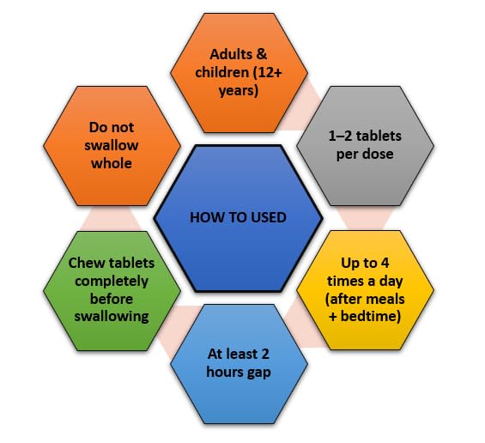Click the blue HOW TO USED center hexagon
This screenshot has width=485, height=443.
pyautogui.click(x=238, y=218)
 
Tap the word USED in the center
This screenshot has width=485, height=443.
pyautogui.click(x=269, y=217)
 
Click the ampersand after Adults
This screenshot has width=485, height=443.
pyautogui.click(x=261, y=54)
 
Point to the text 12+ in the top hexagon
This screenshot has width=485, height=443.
pyautogui.click(x=270, y=72)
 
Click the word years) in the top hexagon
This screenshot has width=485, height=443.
pyautogui.click(x=238, y=91)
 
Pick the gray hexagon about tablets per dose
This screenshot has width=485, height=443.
pyautogui.click(x=365, y=146)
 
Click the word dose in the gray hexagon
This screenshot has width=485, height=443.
pyautogui.click(x=379, y=154)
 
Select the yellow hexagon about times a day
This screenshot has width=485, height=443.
pyautogui.click(x=365, y=290)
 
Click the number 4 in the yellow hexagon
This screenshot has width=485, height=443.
pyautogui.click(x=385, y=263)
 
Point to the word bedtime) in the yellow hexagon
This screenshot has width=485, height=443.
pyautogui.click(x=371, y=317)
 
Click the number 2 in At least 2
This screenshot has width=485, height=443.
pyautogui.click(x=264, y=355)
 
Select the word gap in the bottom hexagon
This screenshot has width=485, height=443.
pyautogui.click(x=259, y=373)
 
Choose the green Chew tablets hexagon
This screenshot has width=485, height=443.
pyautogui.click(x=112, y=291)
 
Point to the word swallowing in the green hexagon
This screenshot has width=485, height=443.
pyautogui.click(x=112, y=317)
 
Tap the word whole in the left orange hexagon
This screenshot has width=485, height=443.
pyautogui.click(x=112, y=163)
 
